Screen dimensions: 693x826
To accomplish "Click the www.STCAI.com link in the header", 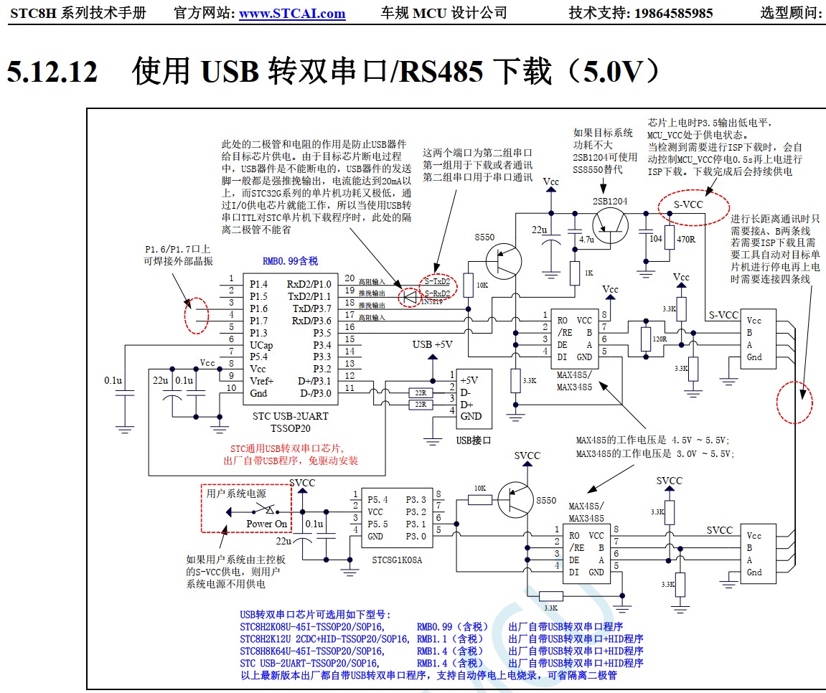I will pos(292,13).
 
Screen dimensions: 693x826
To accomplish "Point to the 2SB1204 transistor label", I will pos(610,201).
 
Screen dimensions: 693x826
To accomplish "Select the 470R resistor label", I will pos(687,238).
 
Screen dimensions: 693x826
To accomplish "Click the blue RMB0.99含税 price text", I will pos(291,262).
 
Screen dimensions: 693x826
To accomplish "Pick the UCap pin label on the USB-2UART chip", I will pos(263,344).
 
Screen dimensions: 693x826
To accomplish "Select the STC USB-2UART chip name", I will pos(291,416).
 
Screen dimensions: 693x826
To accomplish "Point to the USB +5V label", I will pos(433,344).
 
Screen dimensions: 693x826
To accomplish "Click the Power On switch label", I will pos(266,524).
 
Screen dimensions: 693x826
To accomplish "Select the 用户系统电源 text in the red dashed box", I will pos(236,494).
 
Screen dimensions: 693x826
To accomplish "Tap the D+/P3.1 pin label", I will pos(314,381).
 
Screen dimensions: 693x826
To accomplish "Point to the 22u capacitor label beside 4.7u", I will pos(540,230).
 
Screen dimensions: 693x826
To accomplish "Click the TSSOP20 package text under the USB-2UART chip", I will pos(291,428).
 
